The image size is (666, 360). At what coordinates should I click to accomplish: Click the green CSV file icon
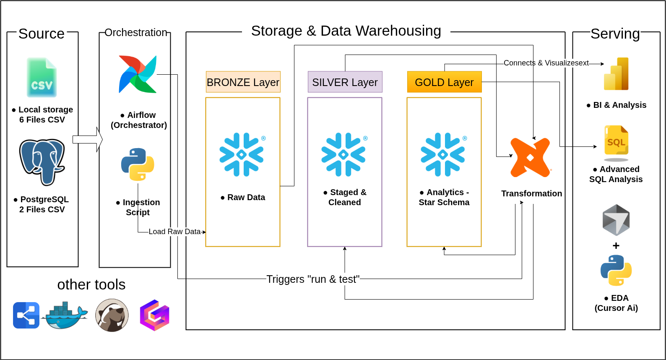[42, 78]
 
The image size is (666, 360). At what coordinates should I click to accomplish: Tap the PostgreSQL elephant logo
[42, 162]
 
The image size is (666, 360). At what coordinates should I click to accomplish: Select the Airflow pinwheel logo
[138, 74]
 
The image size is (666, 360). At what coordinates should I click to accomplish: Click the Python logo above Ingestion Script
[138, 164]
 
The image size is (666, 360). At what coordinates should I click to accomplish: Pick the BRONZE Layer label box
[243, 82]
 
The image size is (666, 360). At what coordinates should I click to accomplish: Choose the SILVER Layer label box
[345, 82]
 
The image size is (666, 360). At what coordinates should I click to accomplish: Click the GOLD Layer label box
[444, 82]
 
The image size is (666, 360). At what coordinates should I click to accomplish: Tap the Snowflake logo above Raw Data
[242, 154]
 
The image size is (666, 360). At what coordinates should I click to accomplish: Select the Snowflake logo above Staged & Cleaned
[344, 154]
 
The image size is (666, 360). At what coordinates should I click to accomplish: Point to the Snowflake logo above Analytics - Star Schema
[443, 154]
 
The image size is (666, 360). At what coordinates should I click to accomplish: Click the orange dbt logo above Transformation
[530, 158]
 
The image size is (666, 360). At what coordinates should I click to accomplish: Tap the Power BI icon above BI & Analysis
[616, 74]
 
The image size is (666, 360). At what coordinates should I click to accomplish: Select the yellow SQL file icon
[616, 143]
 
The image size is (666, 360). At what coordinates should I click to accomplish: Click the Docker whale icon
[65, 316]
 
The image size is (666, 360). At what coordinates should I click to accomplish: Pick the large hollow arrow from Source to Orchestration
[88, 139]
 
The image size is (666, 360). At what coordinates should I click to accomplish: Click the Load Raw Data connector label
[174, 232]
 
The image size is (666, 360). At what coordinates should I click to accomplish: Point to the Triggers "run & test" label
[313, 279]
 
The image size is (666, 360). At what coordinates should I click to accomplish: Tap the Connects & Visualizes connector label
[546, 63]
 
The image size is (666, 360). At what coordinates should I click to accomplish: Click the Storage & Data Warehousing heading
[346, 31]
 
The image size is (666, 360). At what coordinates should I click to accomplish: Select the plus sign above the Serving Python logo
[616, 246]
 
